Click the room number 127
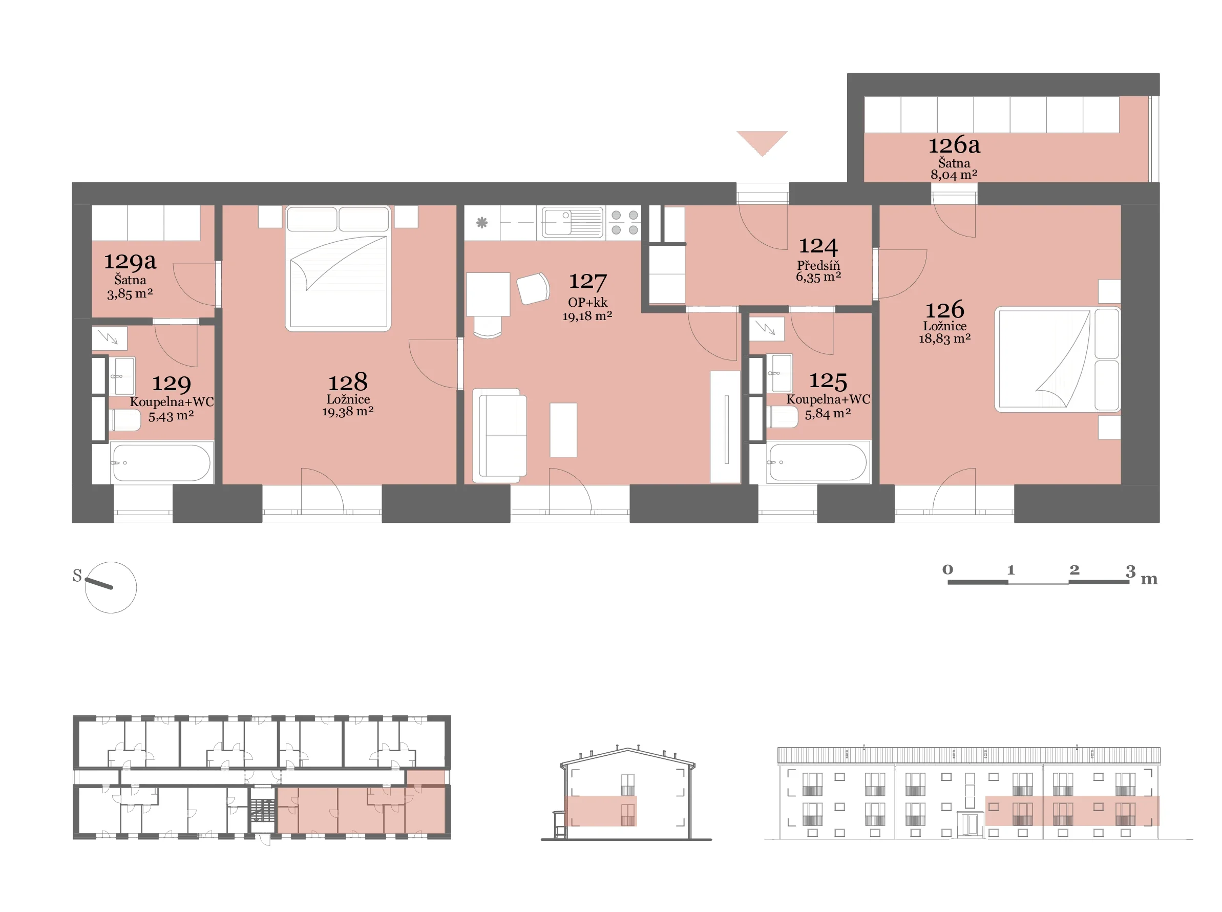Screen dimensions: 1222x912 [587, 282]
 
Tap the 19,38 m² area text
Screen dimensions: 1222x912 [348, 411]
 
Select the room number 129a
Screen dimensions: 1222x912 [130, 261]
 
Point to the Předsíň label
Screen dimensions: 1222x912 [818, 266]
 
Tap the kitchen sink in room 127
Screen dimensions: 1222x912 [572, 222]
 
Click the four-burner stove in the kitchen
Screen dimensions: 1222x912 [624, 222]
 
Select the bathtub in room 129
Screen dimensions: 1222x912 [161, 462]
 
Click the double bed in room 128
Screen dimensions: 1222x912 [338, 268]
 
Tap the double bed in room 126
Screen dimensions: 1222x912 [1057, 360]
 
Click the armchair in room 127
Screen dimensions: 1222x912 [533, 288]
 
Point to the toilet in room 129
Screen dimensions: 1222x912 [125, 420]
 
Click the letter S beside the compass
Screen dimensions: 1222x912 [77, 576]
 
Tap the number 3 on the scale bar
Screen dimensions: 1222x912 [1130, 571]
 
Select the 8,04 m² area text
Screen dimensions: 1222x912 [954, 175]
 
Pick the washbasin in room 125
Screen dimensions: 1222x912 [778, 373]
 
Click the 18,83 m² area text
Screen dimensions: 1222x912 [944, 338]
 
